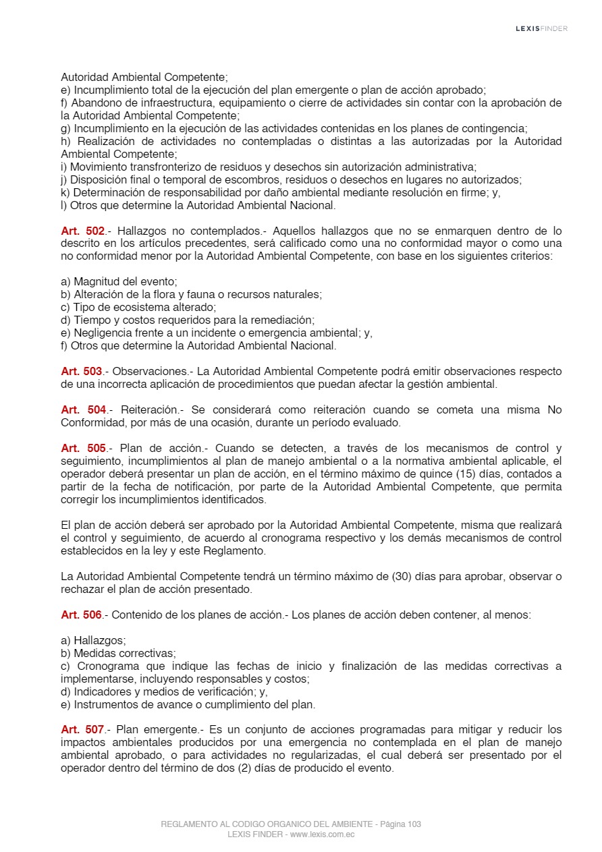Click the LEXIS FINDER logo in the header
(541, 28)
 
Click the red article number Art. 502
(82, 231)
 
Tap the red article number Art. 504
(84, 410)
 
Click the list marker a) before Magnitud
(65, 282)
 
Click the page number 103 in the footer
(414, 824)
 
